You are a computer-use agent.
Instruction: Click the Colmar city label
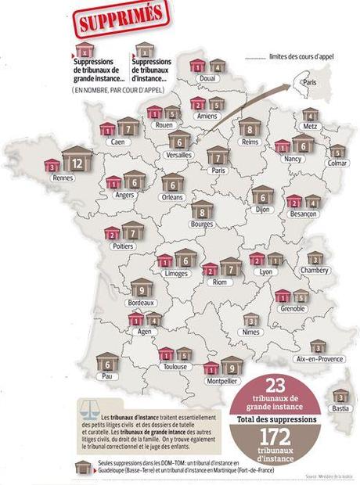click(x=337, y=163)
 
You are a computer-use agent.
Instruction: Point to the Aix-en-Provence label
click(x=315, y=357)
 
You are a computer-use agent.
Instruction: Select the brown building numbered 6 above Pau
click(x=106, y=363)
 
